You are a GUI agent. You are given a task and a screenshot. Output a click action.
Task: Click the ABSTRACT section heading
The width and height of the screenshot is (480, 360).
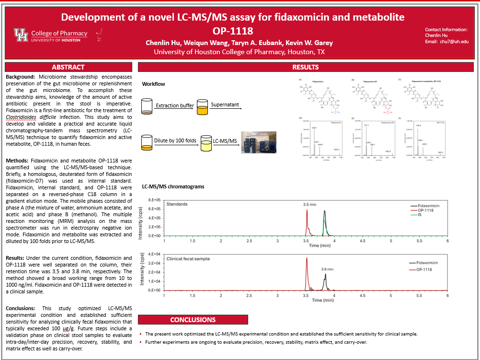click(68, 67)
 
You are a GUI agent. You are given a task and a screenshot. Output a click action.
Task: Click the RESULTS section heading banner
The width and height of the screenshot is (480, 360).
click(305, 67)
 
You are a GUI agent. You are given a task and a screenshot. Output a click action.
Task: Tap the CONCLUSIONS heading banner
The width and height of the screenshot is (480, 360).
click(193, 320)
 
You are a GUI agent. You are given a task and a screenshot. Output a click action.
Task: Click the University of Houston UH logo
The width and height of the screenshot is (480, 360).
click(21, 34)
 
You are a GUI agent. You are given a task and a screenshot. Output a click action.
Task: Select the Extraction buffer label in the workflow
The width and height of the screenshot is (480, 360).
click(173, 105)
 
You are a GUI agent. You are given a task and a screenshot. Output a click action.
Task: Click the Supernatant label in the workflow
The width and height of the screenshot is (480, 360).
click(225, 105)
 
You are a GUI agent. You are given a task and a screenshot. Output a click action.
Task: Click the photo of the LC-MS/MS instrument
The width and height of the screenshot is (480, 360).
click(259, 142)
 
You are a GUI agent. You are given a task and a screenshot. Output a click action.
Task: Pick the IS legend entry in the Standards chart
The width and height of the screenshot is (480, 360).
click(421, 215)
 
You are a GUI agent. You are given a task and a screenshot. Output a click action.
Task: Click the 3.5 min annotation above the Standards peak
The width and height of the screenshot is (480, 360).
click(310, 204)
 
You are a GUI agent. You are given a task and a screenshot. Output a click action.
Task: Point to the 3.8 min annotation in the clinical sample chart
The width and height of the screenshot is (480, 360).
click(328, 269)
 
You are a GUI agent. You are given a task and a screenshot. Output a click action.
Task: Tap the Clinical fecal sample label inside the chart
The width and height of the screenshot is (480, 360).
click(188, 259)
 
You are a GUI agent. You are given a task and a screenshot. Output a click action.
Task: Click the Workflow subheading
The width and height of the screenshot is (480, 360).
click(153, 84)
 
